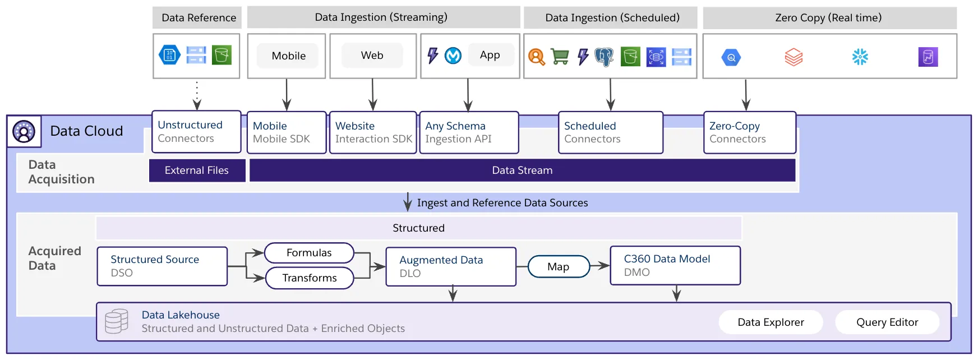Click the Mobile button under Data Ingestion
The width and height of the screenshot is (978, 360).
pos(288,56)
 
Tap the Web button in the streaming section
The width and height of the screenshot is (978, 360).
pos(372,56)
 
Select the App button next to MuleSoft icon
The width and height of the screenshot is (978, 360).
pos(490,55)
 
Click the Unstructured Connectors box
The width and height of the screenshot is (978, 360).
pos(196,132)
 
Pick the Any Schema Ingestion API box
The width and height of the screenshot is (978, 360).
pos(469,132)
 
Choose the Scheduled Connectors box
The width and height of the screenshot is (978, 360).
pos(610,132)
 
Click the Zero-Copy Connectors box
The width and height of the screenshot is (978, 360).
pos(749,132)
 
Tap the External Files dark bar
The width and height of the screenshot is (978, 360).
pos(197,170)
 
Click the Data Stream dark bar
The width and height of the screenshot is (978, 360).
pos(522,170)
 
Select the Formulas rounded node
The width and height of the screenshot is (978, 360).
pos(309,253)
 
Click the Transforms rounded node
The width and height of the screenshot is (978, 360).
pos(310,278)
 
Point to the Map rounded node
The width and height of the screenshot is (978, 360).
pos(559,267)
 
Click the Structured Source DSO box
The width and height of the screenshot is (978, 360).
pos(162,266)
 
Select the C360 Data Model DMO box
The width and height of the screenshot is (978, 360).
pos(675,266)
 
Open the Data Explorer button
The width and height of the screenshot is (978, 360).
pos(771,322)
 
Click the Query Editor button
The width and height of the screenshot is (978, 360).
pos(887,322)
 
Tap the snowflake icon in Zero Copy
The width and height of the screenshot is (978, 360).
pos(860,57)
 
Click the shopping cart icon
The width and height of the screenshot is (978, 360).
pos(560,57)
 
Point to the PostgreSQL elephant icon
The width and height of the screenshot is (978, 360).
pos(605,57)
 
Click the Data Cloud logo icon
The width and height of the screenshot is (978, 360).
pos(24,132)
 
